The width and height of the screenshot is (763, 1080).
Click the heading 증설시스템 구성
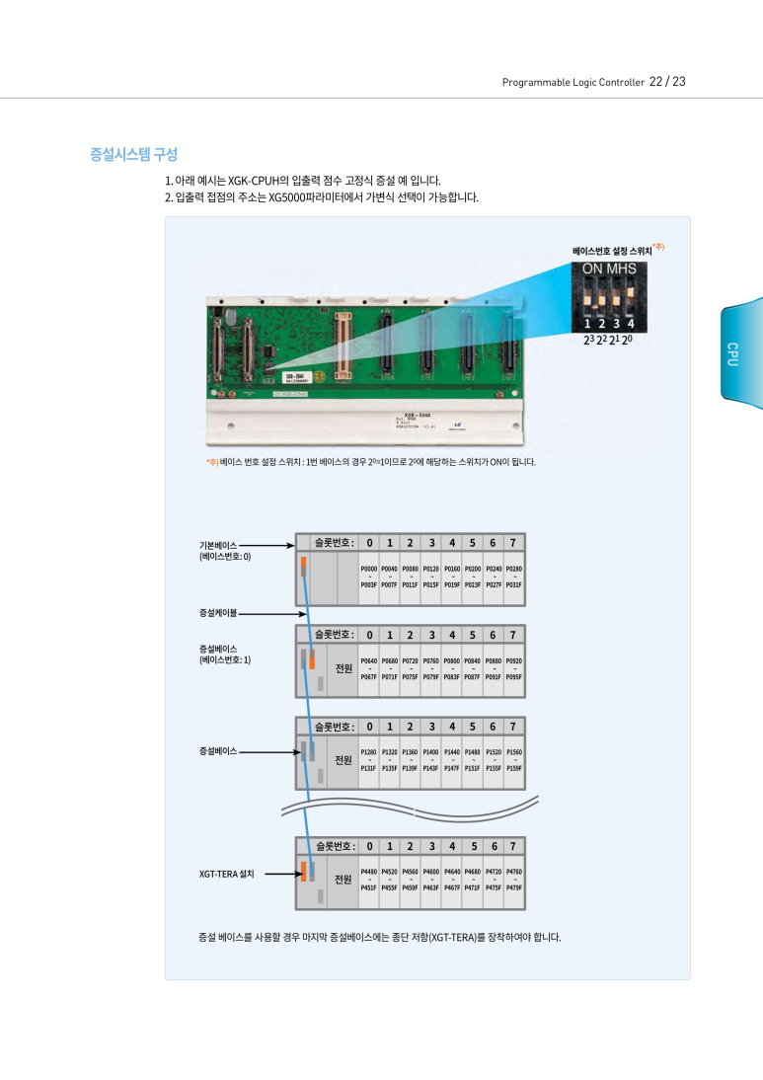133,155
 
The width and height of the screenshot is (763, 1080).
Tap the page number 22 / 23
667,81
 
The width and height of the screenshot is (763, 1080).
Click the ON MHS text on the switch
608,269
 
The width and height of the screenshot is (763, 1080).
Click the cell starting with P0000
369,577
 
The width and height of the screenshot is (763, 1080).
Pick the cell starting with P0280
513,577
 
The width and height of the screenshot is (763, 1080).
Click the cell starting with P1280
369,759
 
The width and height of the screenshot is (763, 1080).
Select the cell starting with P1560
513,759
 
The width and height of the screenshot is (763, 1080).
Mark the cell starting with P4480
369,880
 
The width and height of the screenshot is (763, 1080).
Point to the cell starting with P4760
513,880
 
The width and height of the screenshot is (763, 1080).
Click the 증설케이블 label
218,613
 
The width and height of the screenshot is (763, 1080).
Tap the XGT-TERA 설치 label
227,874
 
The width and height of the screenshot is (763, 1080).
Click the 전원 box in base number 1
343,668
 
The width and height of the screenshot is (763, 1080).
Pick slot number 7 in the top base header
513,542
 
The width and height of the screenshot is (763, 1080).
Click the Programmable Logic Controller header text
572,82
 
